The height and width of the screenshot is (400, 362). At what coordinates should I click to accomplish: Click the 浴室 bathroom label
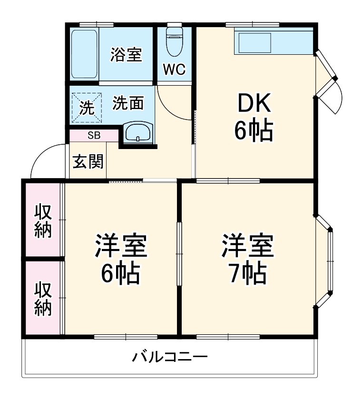pyautogui.click(x=126, y=55)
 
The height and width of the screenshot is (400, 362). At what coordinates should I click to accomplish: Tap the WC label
pyautogui.click(x=174, y=70)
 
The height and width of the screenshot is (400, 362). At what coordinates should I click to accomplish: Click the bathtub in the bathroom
pyautogui.click(x=84, y=54)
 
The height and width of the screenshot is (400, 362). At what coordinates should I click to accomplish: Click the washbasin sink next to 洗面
pyautogui.click(x=138, y=132)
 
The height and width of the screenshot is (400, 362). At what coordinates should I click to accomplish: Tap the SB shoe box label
pyautogui.click(x=94, y=135)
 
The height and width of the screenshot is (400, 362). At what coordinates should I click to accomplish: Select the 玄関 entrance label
pyautogui.click(x=88, y=162)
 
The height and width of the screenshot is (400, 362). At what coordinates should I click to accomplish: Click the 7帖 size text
pyautogui.click(x=246, y=273)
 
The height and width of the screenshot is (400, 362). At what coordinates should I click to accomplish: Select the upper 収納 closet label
pyautogui.click(x=43, y=221)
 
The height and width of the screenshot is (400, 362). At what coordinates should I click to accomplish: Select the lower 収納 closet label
pyautogui.click(x=43, y=299)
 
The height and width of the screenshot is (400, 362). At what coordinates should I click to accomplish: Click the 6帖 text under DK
pyautogui.click(x=254, y=131)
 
